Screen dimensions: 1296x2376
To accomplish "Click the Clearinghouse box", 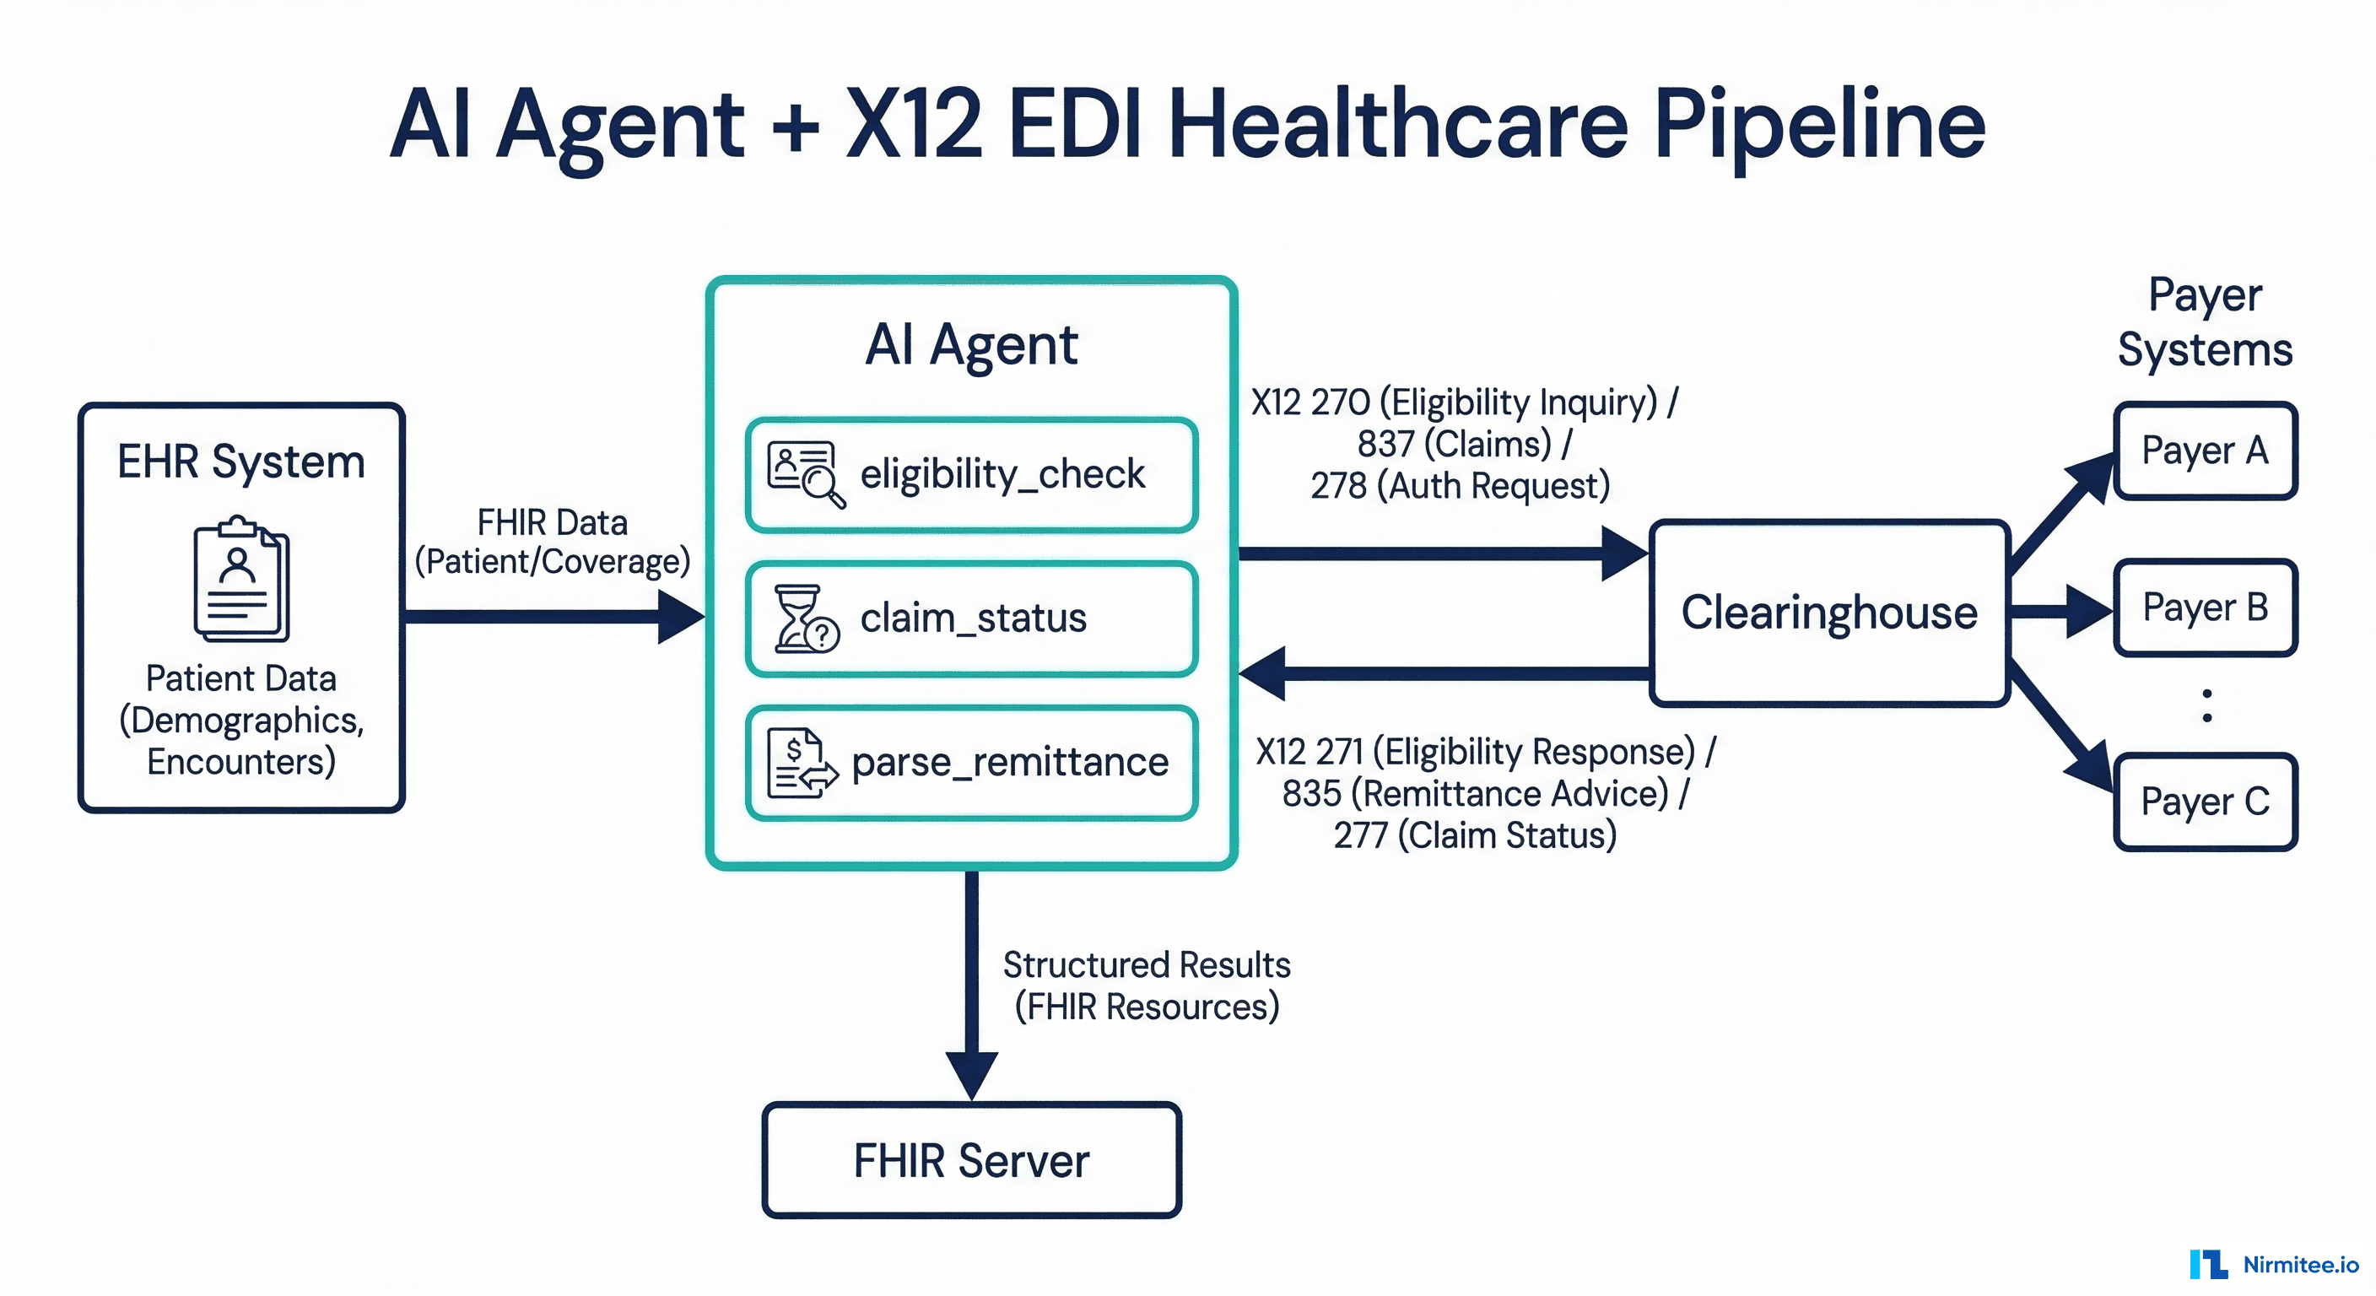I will tap(1829, 613).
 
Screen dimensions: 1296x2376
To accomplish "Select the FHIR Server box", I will tap(971, 1159).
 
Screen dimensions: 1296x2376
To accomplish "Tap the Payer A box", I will tap(2205, 451).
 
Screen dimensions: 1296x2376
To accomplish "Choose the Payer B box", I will tap(2205, 607).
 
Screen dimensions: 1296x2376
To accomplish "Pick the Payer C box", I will tap(2205, 802).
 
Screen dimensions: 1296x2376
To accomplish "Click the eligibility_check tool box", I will tap(971, 475).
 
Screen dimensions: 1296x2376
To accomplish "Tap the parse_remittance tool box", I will tap(971, 763).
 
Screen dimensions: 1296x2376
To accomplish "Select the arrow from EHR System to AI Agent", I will tap(553, 616).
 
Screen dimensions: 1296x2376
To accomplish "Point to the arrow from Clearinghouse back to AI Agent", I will tap(1444, 673).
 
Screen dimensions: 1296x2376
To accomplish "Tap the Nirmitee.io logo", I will tap(2274, 1264).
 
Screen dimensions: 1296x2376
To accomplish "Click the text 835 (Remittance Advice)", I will tap(1476, 793).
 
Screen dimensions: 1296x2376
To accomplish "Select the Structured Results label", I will tap(1147, 966).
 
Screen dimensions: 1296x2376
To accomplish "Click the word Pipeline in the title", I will tap(1817, 125).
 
